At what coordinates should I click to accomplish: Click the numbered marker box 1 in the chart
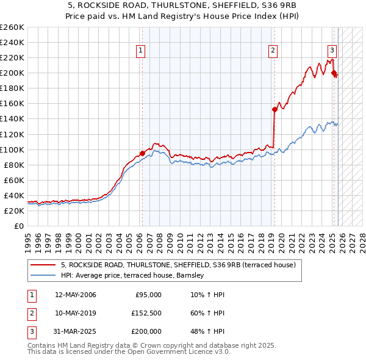click(141, 51)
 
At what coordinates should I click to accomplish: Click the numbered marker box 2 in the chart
click(273, 51)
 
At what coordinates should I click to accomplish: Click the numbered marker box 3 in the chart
click(332, 51)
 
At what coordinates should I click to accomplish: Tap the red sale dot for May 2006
click(142, 153)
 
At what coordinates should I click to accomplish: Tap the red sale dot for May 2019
click(274, 109)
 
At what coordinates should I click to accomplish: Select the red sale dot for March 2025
click(334, 73)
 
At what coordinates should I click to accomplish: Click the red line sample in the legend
click(43, 265)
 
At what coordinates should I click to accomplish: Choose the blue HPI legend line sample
click(43, 276)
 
